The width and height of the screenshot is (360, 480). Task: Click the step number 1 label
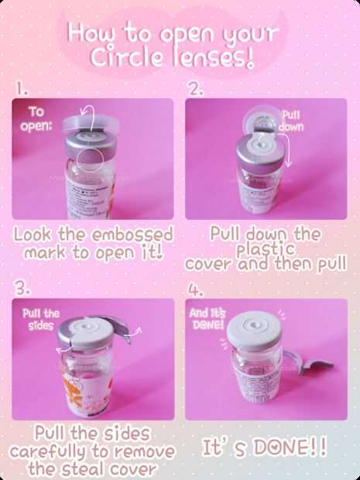click(x=22, y=89)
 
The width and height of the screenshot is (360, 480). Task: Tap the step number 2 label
click(x=196, y=89)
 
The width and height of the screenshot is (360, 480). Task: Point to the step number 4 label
click(x=195, y=290)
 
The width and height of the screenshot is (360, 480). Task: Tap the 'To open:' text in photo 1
click(x=36, y=119)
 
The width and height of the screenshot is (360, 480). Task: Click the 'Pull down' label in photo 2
click(x=291, y=121)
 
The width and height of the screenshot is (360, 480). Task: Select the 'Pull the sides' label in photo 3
click(x=41, y=320)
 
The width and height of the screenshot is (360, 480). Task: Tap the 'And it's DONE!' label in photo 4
click(x=207, y=319)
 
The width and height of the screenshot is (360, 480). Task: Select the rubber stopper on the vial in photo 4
click(x=255, y=331)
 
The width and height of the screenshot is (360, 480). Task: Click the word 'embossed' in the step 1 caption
click(x=132, y=235)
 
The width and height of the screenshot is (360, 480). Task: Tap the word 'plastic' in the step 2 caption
click(x=266, y=250)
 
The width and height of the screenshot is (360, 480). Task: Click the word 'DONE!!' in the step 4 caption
click(x=291, y=447)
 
